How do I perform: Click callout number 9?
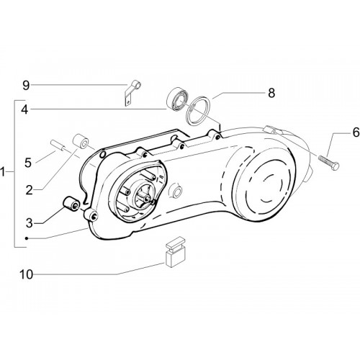pyautogui.click(x=26, y=86)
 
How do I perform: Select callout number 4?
pyautogui.click(x=24, y=110)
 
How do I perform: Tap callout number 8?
pyautogui.click(x=271, y=93)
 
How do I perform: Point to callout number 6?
pyautogui.click(x=356, y=132)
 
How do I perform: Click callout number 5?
pyautogui.click(x=28, y=163)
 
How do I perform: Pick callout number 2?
pyautogui.click(x=30, y=191)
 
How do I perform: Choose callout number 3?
pyautogui.click(x=29, y=223)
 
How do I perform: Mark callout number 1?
pyautogui.click(x=3, y=172)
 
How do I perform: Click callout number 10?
pyautogui.click(x=26, y=274)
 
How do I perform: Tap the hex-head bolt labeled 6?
pyautogui.click(x=329, y=163)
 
